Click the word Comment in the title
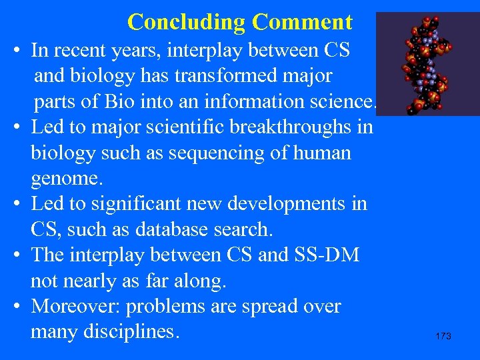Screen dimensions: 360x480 point(301,22)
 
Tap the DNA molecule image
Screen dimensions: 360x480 point(427,64)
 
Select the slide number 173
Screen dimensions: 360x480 point(443,336)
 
